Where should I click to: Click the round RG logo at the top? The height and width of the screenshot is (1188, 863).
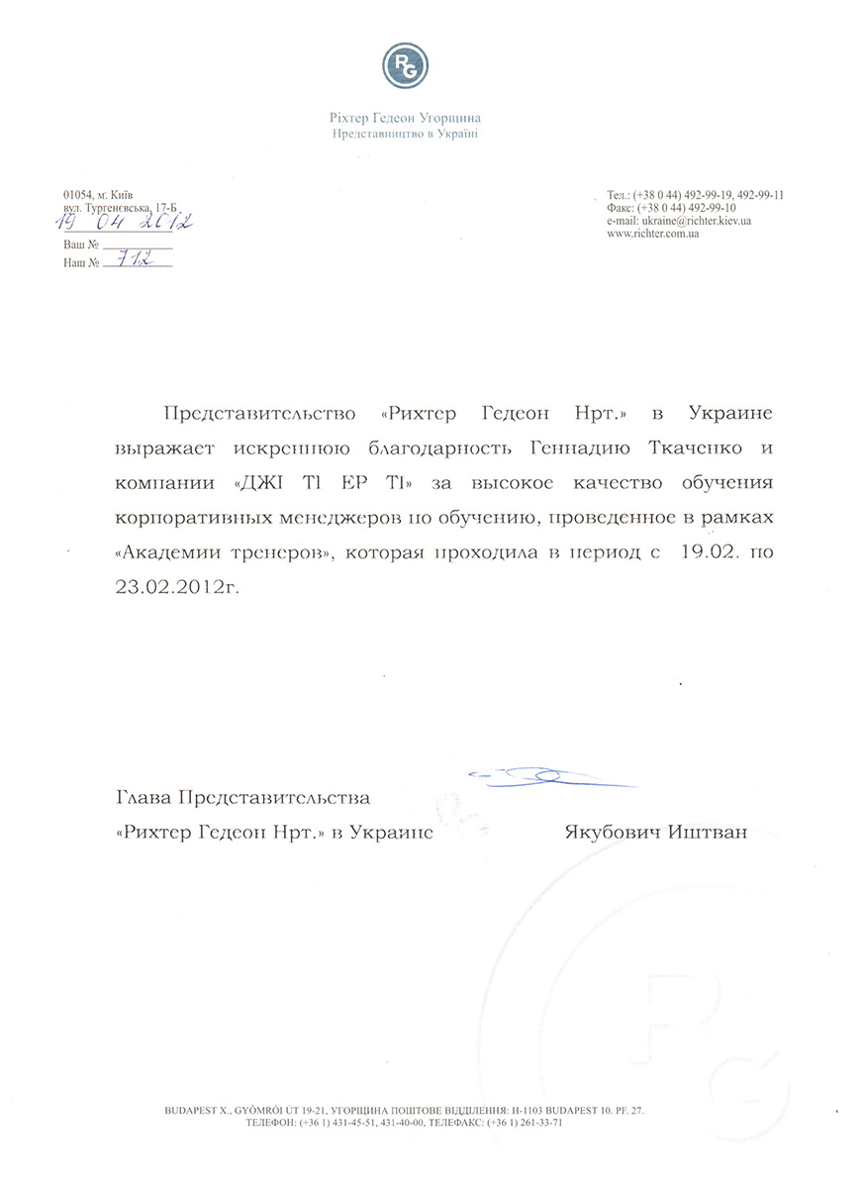coord(405,66)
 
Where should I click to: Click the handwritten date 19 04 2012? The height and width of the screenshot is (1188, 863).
coord(126,223)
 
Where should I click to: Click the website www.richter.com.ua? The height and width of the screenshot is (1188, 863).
coord(654,234)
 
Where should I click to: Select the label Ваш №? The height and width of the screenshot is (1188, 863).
coord(81,244)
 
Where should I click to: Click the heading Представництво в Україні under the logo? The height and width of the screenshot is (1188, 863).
coord(405,133)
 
